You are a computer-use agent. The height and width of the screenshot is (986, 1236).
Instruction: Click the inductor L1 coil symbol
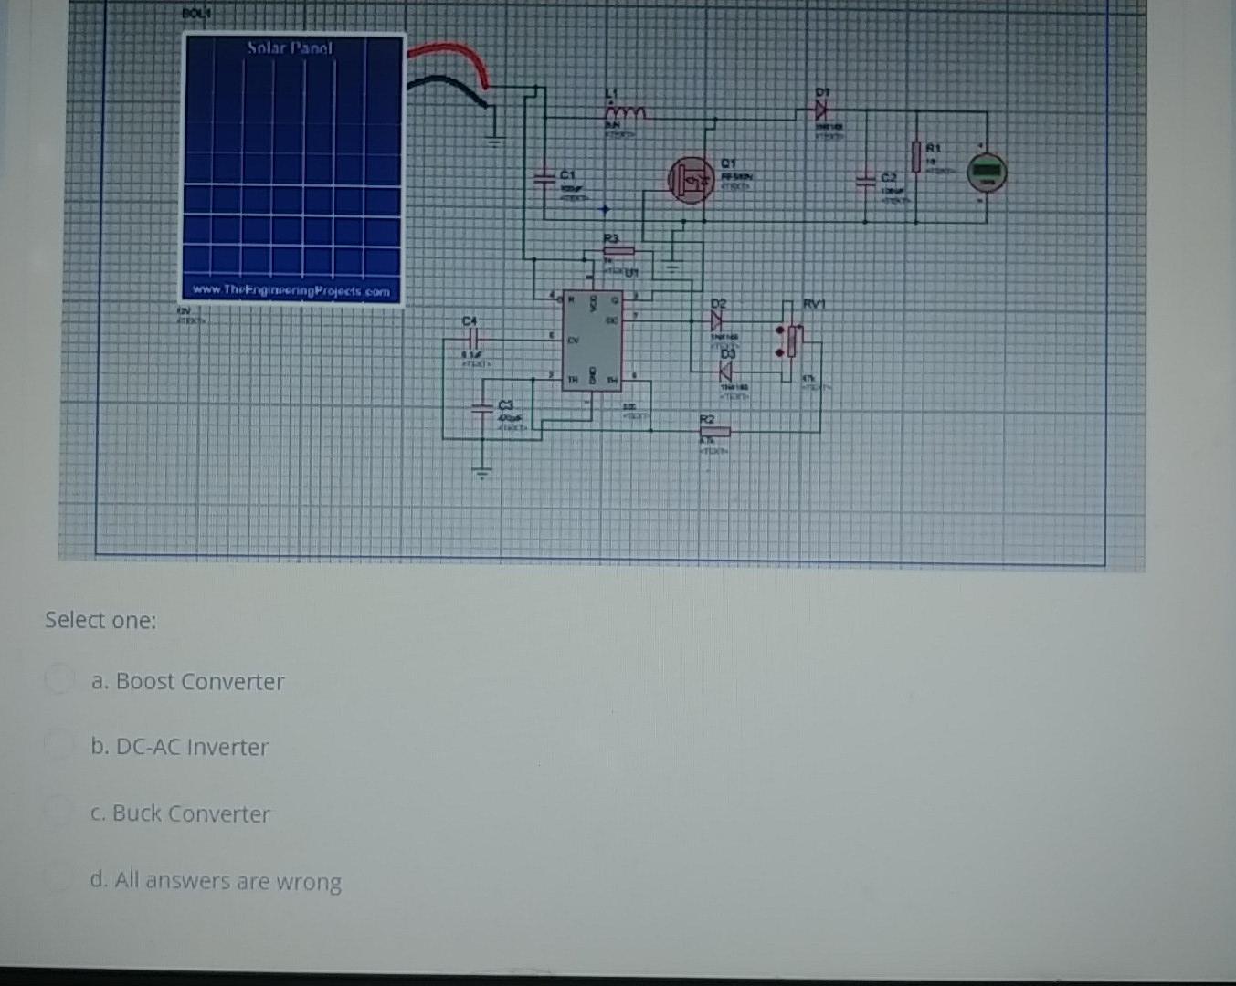click(x=627, y=112)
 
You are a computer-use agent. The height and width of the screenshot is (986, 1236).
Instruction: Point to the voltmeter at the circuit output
click(x=987, y=171)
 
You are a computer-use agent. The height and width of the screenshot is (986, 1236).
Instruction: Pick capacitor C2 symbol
click(x=864, y=181)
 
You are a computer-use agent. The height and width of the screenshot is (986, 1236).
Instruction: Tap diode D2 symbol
click(x=716, y=320)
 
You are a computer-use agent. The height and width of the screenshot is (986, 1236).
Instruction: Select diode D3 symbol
click(x=725, y=371)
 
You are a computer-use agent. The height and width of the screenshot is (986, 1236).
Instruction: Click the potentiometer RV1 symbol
click(x=791, y=341)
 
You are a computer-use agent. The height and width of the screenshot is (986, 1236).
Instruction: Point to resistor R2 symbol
click(x=715, y=431)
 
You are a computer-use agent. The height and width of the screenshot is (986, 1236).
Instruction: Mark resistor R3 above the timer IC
click(x=618, y=250)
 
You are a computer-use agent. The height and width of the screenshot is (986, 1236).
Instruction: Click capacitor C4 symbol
click(x=470, y=337)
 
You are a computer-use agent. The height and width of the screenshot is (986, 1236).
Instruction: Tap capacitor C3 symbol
click(x=481, y=409)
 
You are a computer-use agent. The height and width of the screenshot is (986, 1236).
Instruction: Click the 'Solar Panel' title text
click(x=291, y=47)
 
